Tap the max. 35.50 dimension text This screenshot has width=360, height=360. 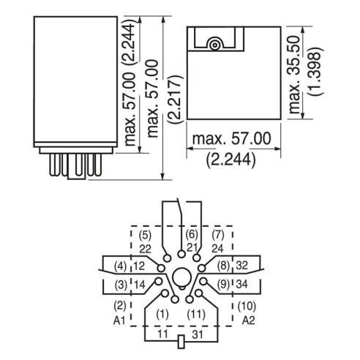pos(294,75)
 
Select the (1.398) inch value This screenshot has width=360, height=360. pos(315,71)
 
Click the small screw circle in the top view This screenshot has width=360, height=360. pos(214,45)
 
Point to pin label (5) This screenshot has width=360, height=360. pos(145,236)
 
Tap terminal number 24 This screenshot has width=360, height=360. pos(217,249)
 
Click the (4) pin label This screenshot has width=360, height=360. pos(121,266)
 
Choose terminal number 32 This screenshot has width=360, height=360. pos(242,266)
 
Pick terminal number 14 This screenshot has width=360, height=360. pos(140,285)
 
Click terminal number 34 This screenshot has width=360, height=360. pos(242,284)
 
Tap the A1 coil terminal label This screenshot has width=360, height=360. pos(119,320)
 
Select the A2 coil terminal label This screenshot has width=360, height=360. pos(249,320)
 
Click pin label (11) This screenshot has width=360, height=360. pos(196,314)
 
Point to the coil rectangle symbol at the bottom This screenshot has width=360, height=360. pos(181,342)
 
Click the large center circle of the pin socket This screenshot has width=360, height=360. pos(181,277)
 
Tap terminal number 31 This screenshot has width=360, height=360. pos(198,334)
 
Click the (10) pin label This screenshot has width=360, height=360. pos(247,307)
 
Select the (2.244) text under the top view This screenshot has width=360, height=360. pos(230,160)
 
